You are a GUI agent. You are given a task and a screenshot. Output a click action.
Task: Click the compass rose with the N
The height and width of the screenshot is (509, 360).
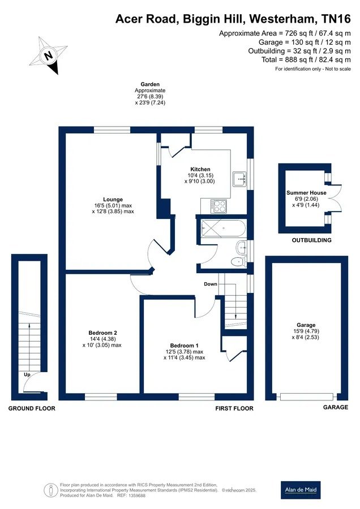coord(49,55)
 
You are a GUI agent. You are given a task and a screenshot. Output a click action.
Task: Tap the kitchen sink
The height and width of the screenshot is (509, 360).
coord(240,179)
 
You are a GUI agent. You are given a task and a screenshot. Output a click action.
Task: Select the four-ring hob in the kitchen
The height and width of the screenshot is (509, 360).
coord(218,206)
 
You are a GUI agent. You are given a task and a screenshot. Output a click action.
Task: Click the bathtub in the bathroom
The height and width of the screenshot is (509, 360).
coord(224,228)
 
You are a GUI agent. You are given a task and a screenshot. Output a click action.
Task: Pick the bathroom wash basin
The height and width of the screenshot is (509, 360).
coord(242,247)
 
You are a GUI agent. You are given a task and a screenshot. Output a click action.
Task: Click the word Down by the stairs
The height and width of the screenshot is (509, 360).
coord(211,284)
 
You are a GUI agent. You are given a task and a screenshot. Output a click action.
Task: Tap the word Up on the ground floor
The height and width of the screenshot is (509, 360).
coord(27,374)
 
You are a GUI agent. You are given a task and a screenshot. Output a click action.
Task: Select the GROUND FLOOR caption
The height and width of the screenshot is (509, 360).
coord(32,408)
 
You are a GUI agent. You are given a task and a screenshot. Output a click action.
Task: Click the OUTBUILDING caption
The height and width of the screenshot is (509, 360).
coord(311,240)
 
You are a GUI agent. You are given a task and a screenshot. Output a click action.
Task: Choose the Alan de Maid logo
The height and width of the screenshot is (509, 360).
coord(301,490)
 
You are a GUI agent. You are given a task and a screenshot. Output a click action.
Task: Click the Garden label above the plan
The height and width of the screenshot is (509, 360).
coord(150,84)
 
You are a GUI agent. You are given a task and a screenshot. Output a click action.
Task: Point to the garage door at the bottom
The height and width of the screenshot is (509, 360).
coord(307,396)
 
